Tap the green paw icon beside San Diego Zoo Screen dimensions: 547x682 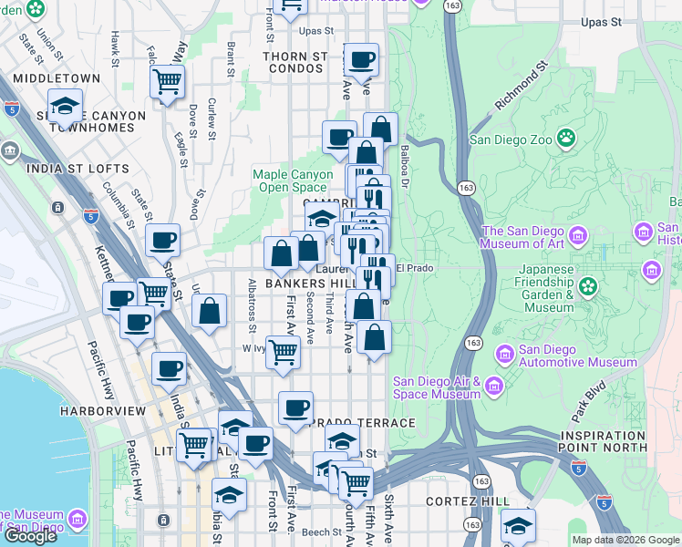tap(567, 139)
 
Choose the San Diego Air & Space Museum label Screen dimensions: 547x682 tap(437, 387)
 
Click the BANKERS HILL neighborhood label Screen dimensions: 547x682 tap(302, 284)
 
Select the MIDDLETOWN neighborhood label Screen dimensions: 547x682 tap(57, 78)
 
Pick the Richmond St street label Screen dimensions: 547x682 tap(521, 88)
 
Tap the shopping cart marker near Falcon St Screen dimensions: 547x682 tap(167, 82)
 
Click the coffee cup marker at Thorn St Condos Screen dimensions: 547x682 tap(361, 60)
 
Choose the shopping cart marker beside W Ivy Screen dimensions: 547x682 tap(284, 351)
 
